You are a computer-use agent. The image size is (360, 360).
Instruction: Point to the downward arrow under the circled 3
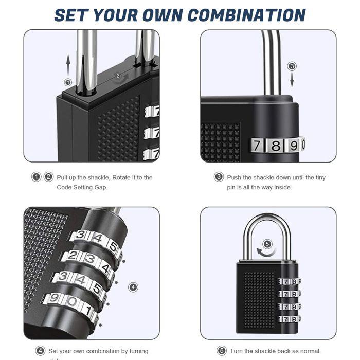click(292, 80)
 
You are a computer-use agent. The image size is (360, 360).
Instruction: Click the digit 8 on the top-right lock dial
click(276, 146)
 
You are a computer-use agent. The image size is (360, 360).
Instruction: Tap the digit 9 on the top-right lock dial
click(292, 146)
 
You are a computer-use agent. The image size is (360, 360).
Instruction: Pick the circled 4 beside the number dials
click(133, 287)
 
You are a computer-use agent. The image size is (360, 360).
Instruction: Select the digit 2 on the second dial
click(74, 256)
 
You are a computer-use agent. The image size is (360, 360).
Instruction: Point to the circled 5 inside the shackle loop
click(267, 244)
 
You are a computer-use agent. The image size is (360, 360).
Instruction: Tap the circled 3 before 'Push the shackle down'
click(219, 177)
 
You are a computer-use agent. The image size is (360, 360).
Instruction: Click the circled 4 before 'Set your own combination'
click(40, 351)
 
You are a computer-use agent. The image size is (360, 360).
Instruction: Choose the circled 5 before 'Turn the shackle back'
click(222, 351)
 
